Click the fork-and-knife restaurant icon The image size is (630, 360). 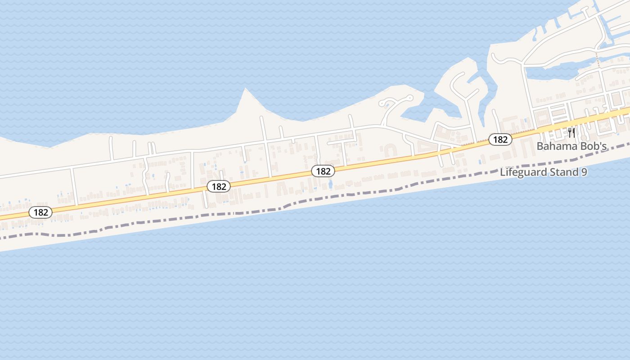coord(571,132)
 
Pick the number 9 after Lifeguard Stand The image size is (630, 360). coord(584,172)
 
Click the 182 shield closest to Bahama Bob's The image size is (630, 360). coord(500,139)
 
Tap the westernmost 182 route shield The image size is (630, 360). coord(40,212)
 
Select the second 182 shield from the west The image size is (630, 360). coord(219,186)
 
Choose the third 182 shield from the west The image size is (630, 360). coord(323,171)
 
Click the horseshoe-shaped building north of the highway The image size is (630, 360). coord(390,149)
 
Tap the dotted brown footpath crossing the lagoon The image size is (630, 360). coord(598,61)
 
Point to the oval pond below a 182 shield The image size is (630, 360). coord(331,184)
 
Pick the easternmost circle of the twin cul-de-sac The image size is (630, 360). coord(410,97)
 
